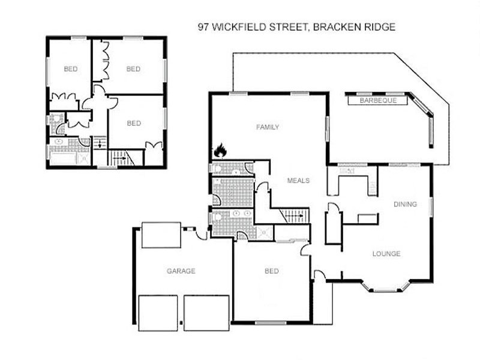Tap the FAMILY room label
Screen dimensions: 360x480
268,127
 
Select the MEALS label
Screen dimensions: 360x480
298,181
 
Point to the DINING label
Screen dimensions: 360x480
405,205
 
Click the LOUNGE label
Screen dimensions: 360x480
386,254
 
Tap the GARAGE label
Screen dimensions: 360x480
181,271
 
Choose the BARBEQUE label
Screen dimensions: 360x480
378,101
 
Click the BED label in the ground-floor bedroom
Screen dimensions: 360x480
272,271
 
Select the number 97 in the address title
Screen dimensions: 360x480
204,27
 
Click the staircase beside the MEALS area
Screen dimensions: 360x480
294,215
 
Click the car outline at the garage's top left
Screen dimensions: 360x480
161,235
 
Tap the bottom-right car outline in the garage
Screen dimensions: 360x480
206,312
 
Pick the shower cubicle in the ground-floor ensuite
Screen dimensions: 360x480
264,232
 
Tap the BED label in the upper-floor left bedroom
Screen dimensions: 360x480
70,69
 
